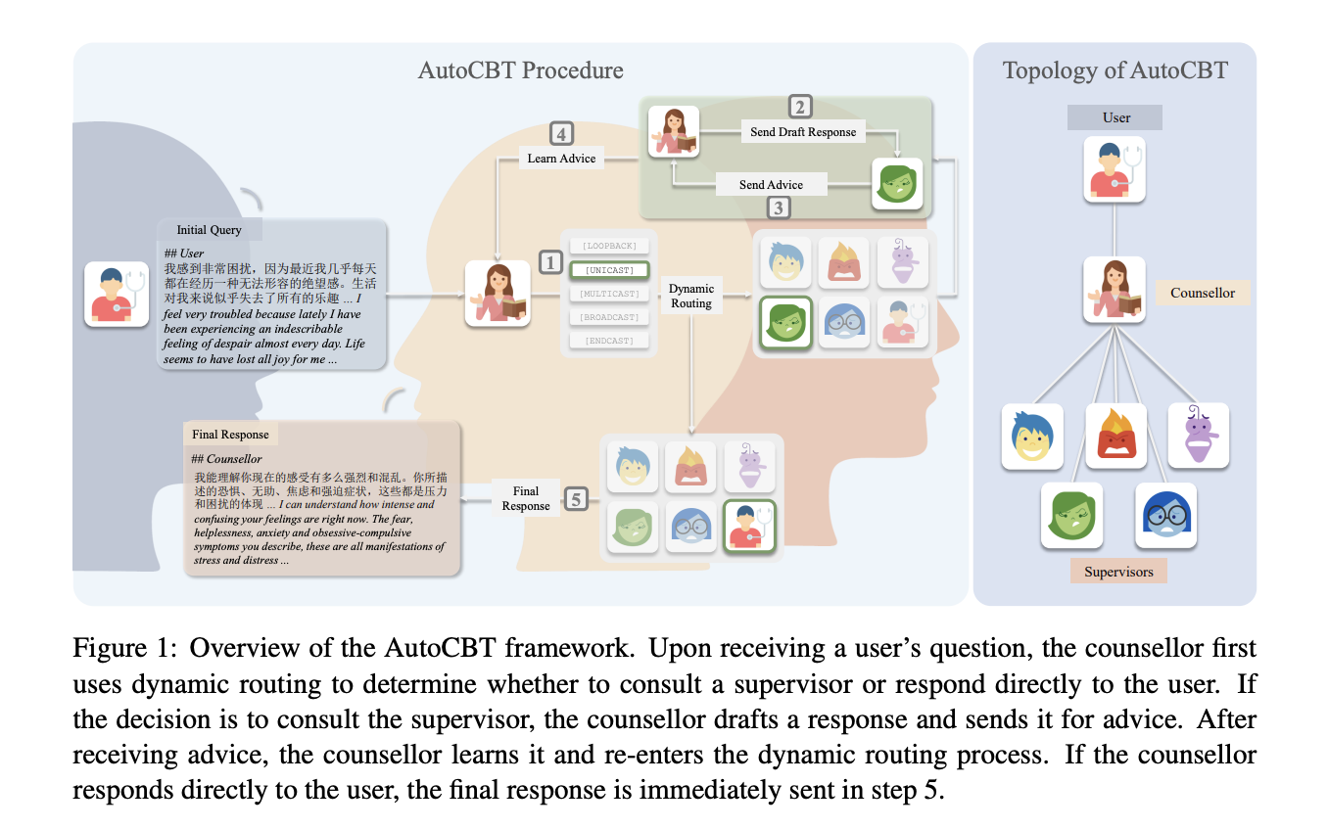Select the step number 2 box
point(801,107)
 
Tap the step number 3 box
point(778,207)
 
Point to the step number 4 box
point(561,133)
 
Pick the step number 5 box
point(577,499)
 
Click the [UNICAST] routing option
point(608,269)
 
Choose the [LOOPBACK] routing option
point(608,245)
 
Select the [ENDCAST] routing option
point(608,341)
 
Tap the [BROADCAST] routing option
point(608,317)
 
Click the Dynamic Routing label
point(691,296)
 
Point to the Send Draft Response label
point(803,132)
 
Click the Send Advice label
point(771,184)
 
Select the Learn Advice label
point(562,158)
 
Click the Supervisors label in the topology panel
point(1118,572)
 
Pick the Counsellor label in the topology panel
point(1203,292)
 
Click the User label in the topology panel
point(1116,117)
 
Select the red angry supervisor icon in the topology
point(1116,436)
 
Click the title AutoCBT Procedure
point(520,70)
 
